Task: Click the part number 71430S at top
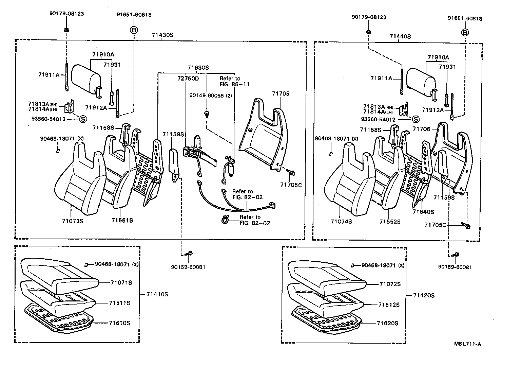pos(162,35)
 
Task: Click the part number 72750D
pos(188,79)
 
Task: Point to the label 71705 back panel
pos(281,93)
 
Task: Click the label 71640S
pos(423,212)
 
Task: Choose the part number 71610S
pos(119,323)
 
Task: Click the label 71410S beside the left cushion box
pos(157,294)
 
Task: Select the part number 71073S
pos(73,221)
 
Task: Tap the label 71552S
pos(390,222)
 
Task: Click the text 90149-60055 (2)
pos(211,96)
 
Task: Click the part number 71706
pos(421,129)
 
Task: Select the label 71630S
pos(198,68)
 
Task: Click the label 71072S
pos(390,284)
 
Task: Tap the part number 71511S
pos(119,303)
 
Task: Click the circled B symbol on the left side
pos(134,30)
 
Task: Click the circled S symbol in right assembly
pos(415,120)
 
